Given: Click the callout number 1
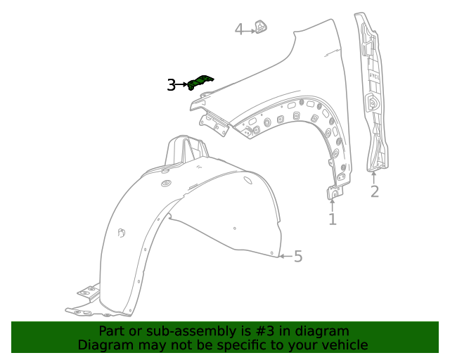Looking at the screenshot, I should click(x=332, y=219).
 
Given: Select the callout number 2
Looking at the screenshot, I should click(x=374, y=191).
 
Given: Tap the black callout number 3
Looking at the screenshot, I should click(x=172, y=85).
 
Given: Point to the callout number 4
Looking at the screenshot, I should click(x=239, y=30).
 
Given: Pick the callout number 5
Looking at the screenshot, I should click(x=298, y=257).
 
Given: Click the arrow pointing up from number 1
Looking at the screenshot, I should click(x=332, y=205).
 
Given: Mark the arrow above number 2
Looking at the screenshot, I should click(x=373, y=176).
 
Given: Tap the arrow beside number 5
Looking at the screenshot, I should click(x=284, y=257).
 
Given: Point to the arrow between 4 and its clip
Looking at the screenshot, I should click(x=249, y=30).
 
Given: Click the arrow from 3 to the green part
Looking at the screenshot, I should click(x=184, y=85).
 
